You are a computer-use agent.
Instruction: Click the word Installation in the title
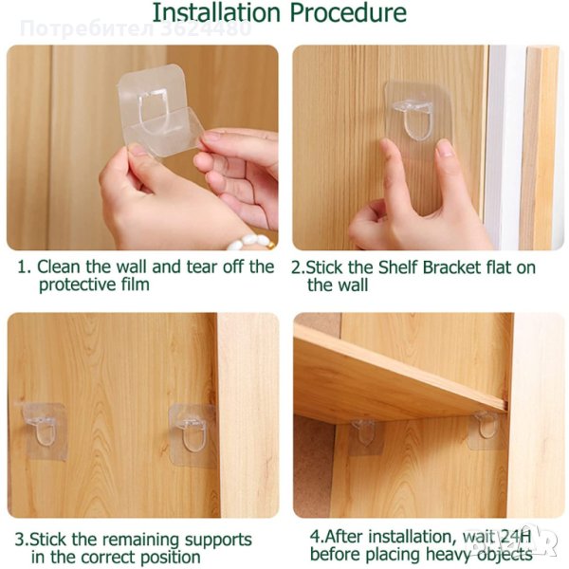pos(216,12)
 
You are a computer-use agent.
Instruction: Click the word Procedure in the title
pos(348,12)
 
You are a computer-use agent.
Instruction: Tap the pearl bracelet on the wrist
pos(250,243)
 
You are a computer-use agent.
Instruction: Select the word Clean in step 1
pos(58,266)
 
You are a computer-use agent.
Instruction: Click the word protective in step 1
pos(75,284)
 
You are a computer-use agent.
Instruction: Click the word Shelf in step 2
pos(398,267)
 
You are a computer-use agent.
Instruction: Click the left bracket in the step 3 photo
pos(42,431)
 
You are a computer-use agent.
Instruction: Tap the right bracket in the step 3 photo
pos(193,434)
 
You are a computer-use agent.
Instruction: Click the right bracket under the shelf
pos(486,430)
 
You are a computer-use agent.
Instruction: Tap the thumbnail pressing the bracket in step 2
pos(445,148)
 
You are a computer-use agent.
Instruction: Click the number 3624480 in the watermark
pos(206,29)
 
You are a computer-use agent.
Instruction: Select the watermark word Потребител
pos(87,29)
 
